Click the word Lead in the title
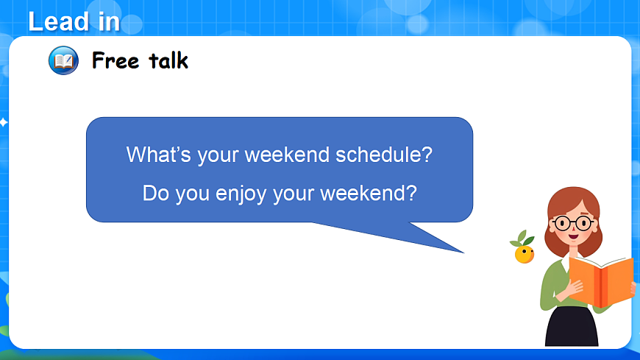click(x=59, y=21)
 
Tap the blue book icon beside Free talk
click(x=63, y=60)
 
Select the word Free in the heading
click(x=115, y=61)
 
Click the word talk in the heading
click(x=168, y=60)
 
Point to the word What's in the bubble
click(x=159, y=155)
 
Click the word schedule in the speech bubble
click(x=384, y=155)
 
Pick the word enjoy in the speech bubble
click(x=241, y=194)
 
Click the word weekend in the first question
click(x=287, y=155)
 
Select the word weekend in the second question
click(x=368, y=193)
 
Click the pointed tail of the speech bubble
click(x=463, y=253)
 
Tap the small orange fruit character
click(x=524, y=254)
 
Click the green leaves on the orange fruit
click(x=522, y=239)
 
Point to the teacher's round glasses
click(x=573, y=224)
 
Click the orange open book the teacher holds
click(x=601, y=281)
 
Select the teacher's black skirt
click(x=572, y=327)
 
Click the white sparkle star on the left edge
click(x=3, y=122)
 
